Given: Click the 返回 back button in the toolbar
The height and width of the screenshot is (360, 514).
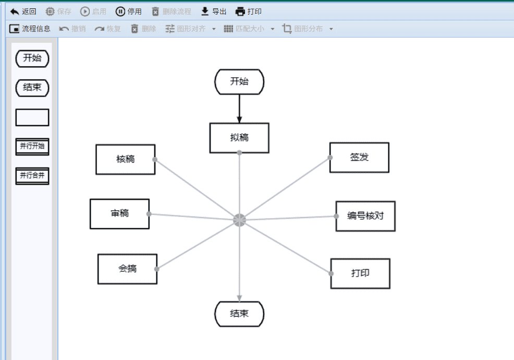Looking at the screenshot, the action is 23,11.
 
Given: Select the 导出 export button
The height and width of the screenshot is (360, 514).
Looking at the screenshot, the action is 213,11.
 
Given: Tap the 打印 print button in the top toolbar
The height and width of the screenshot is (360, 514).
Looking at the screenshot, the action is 249,11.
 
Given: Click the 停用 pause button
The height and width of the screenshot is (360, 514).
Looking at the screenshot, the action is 128,11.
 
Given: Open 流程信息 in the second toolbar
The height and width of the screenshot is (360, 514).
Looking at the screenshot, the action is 30,29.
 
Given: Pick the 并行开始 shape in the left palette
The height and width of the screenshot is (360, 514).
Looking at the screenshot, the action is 32,147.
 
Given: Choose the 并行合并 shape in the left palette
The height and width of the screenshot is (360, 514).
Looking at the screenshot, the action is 32,176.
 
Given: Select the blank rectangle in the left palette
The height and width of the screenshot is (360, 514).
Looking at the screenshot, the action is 32,117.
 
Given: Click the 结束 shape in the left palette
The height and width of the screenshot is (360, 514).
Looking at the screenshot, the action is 32,88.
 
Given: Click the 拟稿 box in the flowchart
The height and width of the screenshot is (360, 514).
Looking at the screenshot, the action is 239,138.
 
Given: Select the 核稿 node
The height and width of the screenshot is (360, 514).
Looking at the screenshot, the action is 126,160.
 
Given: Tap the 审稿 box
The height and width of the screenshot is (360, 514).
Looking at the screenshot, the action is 120,214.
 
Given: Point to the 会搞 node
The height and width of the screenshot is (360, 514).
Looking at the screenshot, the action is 128,269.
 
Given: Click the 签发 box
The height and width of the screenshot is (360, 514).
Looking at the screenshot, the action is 359,158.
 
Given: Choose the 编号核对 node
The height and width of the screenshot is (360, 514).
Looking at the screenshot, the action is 365,217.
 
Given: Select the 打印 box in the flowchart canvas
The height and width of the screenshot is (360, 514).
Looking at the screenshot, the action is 360,274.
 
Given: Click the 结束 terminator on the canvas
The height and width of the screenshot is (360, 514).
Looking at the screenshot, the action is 239,314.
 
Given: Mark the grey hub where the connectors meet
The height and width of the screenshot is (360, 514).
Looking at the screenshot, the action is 240,220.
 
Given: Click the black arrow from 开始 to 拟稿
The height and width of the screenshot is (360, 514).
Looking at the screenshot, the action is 239,109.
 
